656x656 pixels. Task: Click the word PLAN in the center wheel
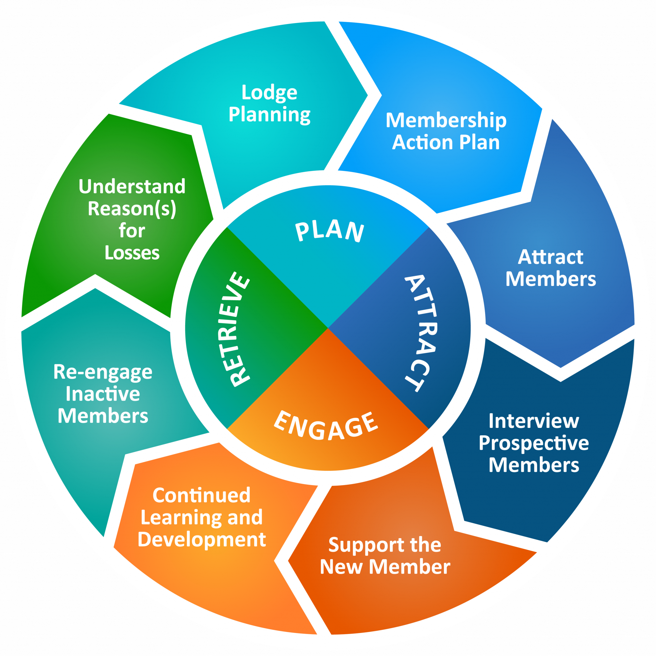(329, 232)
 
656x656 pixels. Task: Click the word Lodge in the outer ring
(269, 92)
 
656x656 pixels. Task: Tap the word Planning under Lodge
(269, 114)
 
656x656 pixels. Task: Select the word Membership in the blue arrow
(446, 120)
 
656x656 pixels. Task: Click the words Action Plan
(446, 142)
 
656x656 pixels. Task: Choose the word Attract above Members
(550, 257)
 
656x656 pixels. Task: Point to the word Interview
(534, 421)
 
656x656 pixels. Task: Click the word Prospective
(534, 443)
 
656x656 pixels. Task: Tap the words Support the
(385, 545)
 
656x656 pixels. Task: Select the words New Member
(385, 567)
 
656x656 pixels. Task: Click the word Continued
(201, 496)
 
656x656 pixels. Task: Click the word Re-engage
(102, 372)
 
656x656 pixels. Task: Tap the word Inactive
(102, 394)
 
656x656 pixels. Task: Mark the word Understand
(132, 186)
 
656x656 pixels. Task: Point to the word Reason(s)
(132, 209)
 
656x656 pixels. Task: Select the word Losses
(132, 253)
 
